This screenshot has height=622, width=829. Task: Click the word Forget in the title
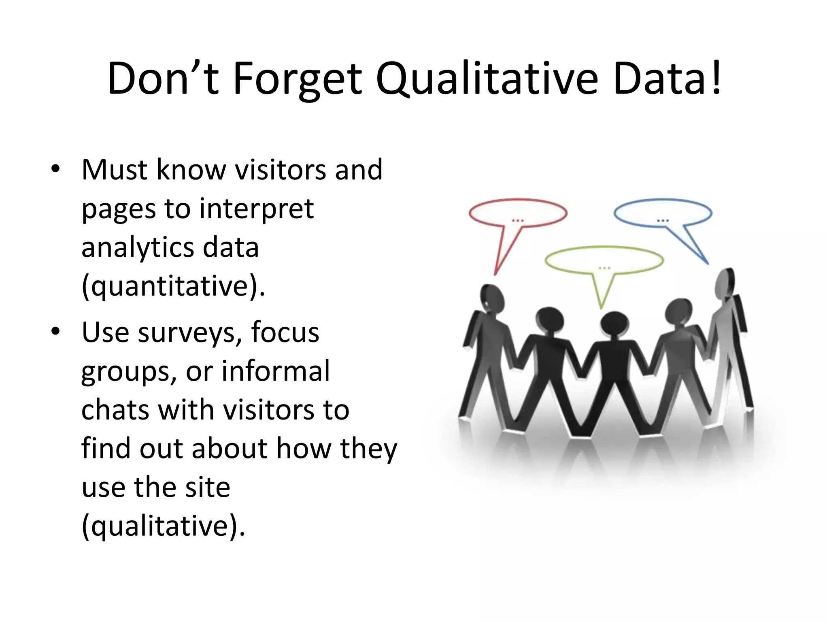tap(297, 79)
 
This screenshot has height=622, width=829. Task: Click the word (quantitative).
tap(173, 287)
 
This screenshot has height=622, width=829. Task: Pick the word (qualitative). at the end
tap(164, 526)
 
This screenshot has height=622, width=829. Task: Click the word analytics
tap(136, 247)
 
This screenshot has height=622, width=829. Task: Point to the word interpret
tap(256, 209)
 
